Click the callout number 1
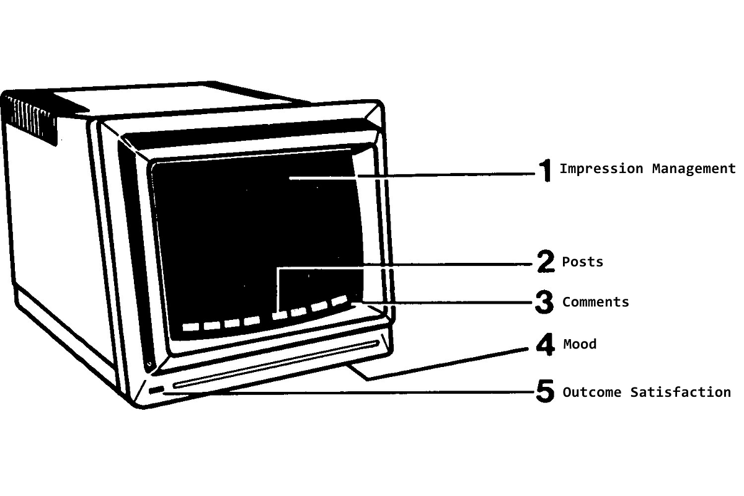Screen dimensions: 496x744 (545, 170)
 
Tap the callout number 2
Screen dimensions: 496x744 (545, 262)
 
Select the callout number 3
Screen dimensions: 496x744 (544, 302)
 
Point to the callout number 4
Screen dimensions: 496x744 (545, 344)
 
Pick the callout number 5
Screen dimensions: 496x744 (544, 392)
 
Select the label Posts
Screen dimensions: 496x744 (582, 262)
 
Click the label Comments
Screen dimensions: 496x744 (595, 302)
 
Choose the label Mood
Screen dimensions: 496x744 (579, 344)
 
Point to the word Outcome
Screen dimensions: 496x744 (592, 392)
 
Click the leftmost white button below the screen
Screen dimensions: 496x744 (190, 327)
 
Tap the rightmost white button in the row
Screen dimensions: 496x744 (339, 301)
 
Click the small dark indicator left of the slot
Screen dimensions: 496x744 (156, 390)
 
